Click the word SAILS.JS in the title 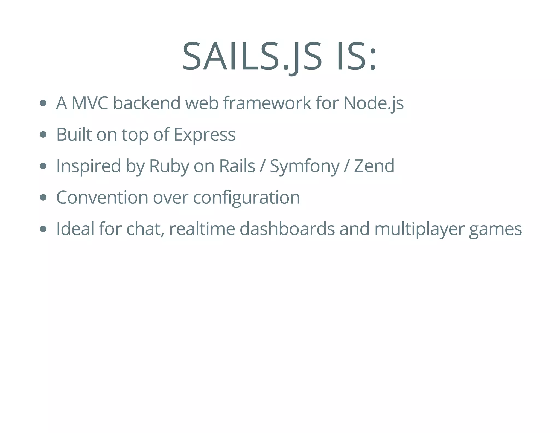click(x=252, y=56)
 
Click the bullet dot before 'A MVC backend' click(x=43, y=103)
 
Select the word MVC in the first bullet click(x=90, y=103)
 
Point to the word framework click(x=267, y=103)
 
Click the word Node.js click(x=374, y=104)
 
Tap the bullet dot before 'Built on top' click(x=43, y=135)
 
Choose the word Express click(x=205, y=135)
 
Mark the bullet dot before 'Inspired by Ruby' click(x=43, y=166)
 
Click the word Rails click(x=237, y=166)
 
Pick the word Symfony click(x=305, y=166)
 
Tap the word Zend click(x=374, y=166)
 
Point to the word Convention click(x=102, y=197)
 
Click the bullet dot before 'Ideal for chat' click(x=43, y=229)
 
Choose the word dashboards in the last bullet click(x=287, y=229)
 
